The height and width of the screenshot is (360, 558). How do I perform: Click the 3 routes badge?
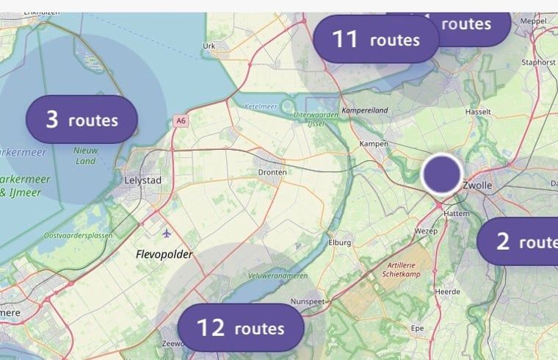[81, 119]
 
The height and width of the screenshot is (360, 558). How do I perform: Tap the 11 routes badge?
[375, 39]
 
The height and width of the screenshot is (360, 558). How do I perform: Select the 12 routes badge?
[240, 327]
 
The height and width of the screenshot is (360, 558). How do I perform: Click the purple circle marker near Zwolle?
[442, 174]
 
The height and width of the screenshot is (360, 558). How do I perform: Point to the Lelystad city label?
[143, 180]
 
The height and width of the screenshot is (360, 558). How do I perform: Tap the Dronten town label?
[272, 172]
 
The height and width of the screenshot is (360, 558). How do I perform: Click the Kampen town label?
[373, 143]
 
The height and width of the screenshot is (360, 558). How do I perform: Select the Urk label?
[209, 46]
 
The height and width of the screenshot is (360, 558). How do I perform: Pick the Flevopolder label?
[164, 254]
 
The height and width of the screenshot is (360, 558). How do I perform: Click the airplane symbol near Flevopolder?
[167, 234]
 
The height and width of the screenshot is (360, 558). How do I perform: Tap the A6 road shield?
[181, 120]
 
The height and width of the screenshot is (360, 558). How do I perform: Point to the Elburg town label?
[341, 242]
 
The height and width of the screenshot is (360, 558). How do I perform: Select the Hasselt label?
[478, 112]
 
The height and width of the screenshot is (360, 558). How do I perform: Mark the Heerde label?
[448, 292]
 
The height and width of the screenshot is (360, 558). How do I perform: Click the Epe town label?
[417, 327]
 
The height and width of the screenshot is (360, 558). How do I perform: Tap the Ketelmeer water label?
[261, 106]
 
